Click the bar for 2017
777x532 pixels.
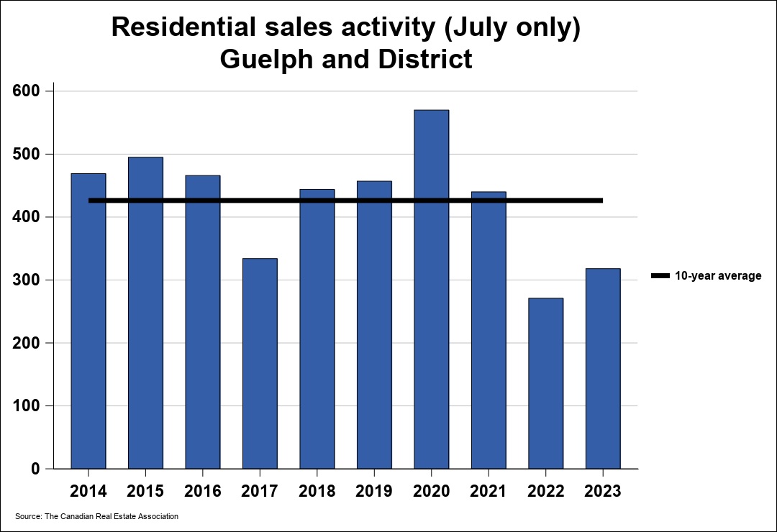[260, 363]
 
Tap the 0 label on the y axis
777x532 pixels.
[35, 469]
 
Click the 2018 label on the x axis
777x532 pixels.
[317, 492]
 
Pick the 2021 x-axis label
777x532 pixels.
[489, 492]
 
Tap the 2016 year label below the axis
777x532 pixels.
[203, 492]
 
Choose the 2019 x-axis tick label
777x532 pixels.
[374, 492]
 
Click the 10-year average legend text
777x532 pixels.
[717, 276]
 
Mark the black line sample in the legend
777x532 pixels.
[660, 276]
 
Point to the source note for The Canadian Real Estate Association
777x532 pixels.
[96, 516]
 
